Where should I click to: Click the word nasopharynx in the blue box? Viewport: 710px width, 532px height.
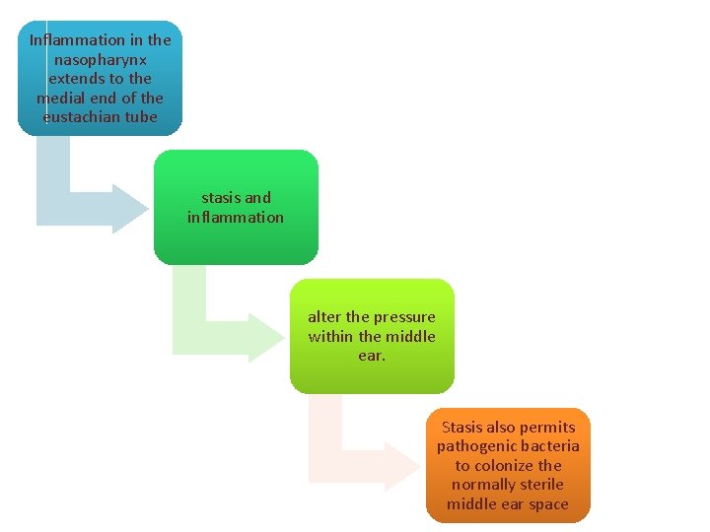[x=100, y=59]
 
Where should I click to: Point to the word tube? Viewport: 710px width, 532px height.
[x=141, y=116]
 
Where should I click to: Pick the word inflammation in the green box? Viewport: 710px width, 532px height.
[x=236, y=217]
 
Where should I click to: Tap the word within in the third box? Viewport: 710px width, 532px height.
[x=330, y=336]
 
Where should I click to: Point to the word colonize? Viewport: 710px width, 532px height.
[x=511, y=465]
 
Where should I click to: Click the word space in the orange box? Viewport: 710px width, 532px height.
[x=548, y=503]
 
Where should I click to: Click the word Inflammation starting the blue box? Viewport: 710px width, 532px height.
[x=78, y=40]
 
